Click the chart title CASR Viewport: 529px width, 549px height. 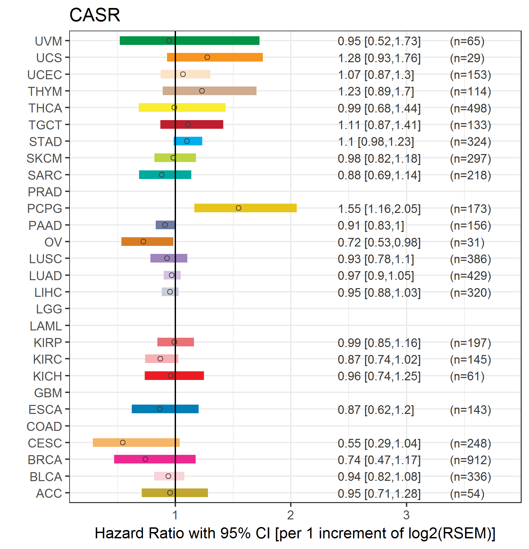click(x=94, y=15)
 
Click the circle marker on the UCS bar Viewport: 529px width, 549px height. click(x=207, y=57)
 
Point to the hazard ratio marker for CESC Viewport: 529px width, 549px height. click(x=123, y=443)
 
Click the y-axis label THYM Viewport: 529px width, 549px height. click(x=45, y=91)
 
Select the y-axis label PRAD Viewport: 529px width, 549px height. click(x=45, y=192)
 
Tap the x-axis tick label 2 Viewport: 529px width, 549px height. click(x=290, y=515)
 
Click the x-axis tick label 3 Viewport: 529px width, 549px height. click(x=406, y=515)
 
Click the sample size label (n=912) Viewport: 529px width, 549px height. click(x=470, y=460)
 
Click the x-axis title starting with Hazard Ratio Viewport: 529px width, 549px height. click(x=295, y=533)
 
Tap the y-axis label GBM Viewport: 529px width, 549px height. click(x=48, y=393)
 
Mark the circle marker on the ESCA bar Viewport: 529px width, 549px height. click(x=160, y=409)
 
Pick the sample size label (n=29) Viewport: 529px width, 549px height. click(x=467, y=58)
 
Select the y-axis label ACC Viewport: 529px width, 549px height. click(x=49, y=493)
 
